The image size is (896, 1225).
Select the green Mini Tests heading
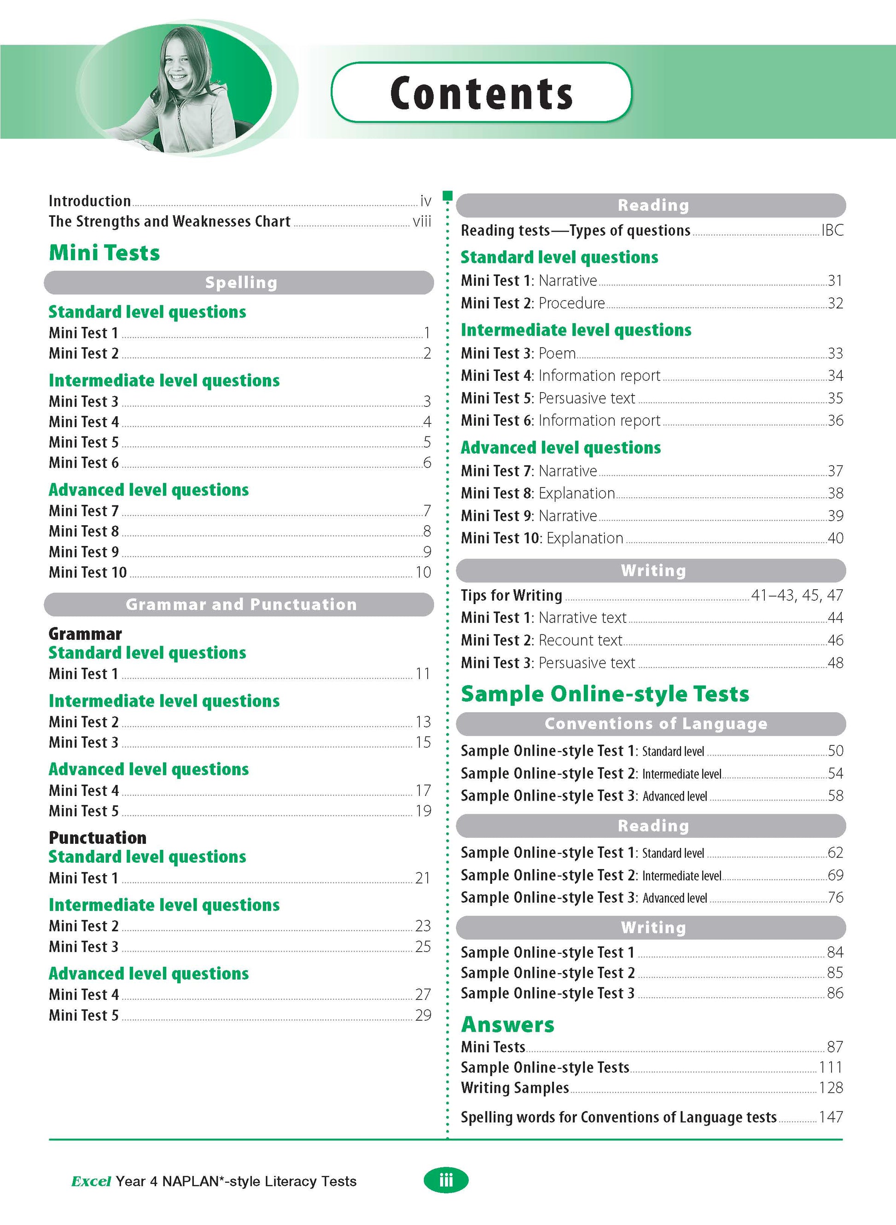104,253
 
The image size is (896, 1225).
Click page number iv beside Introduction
425,201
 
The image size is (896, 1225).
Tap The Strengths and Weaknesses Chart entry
169,221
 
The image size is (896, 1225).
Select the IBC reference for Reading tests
832,231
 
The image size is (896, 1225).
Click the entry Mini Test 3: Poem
518,353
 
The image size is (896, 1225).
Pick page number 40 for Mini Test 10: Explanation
835,538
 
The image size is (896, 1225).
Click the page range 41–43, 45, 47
797,595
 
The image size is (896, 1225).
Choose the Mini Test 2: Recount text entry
541,640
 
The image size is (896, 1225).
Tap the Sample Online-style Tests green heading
605,694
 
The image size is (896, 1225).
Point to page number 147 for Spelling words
831,1117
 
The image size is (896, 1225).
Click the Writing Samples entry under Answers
515,1088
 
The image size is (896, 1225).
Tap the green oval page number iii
445,1180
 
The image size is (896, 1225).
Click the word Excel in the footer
91,1181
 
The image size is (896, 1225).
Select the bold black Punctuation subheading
98,838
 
